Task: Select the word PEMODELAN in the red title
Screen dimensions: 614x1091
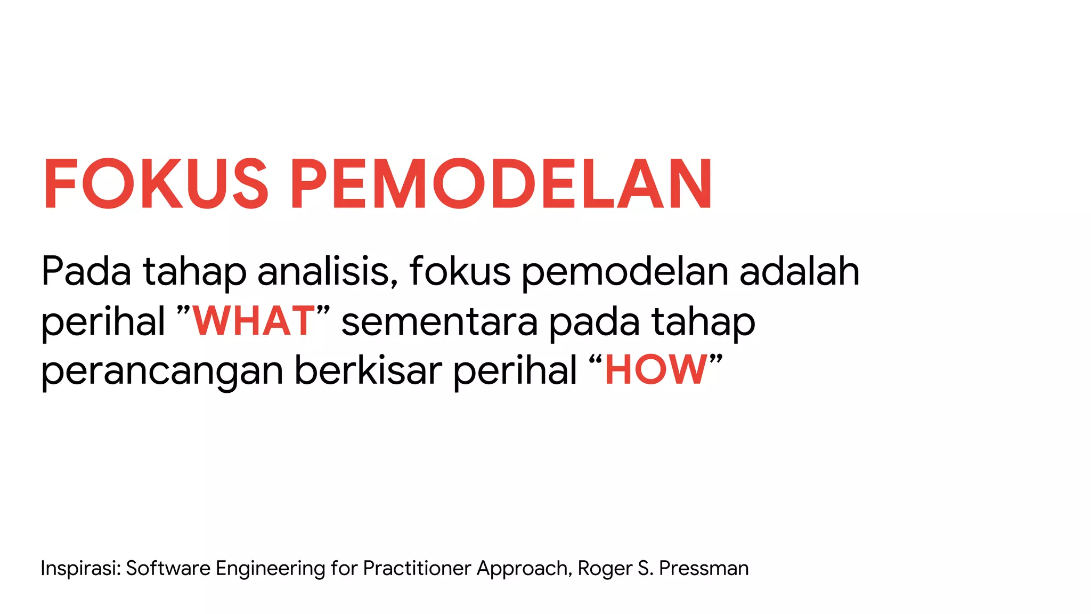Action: click(x=501, y=184)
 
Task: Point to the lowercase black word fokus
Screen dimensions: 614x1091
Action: click(x=460, y=272)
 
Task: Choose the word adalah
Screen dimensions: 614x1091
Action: click(x=799, y=272)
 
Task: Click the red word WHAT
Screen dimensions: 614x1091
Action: click(x=254, y=321)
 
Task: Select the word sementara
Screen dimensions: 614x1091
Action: click(x=439, y=322)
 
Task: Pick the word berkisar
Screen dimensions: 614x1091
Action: click(x=368, y=370)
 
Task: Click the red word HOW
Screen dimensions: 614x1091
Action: click(x=656, y=370)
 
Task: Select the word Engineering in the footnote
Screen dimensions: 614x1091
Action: click(x=270, y=569)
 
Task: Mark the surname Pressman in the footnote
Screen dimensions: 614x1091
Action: click(x=704, y=568)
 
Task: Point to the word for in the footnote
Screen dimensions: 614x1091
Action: click(x=344, y=568)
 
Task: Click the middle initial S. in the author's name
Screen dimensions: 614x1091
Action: click(x=645, y=568)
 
